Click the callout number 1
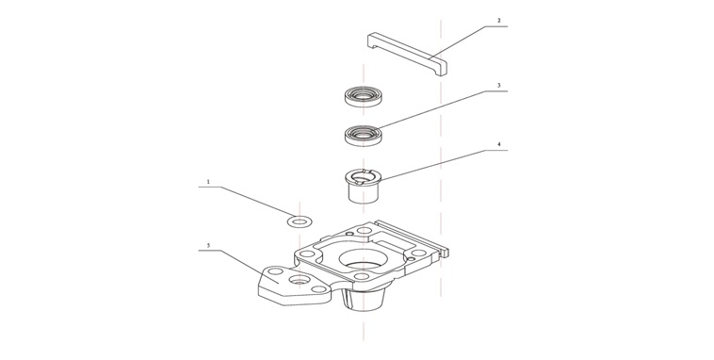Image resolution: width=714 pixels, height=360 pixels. pos(208,182)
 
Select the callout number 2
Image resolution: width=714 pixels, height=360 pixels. pos(498,21)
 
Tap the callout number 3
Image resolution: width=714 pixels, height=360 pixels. pos(498,85)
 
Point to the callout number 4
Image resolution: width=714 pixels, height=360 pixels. pos(498,144)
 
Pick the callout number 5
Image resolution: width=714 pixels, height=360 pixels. pos(208,246)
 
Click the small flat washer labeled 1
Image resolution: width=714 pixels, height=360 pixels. pos(299,221)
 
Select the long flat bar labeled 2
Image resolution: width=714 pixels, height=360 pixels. pos(407,53)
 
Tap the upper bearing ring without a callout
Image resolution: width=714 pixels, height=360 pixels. pos(363,96)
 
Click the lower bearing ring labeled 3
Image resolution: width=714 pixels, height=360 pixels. pos(363,135)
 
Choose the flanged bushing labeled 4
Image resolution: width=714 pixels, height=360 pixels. pos(363,186)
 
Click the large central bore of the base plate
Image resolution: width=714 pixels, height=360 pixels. pos(363,259)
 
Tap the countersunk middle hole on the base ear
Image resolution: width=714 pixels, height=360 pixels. pos(299,279)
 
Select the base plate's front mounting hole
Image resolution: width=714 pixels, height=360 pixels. pos(361,276)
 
